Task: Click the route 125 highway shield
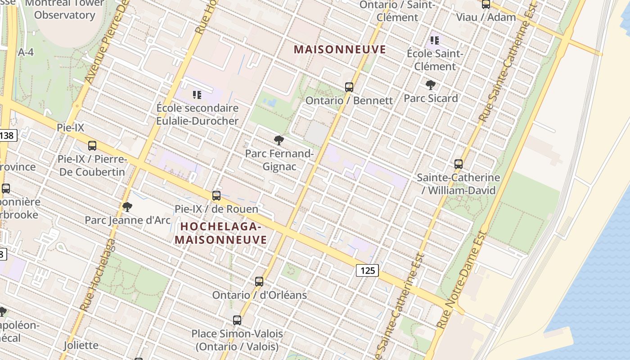point(367,270)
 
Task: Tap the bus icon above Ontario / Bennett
point(349,87)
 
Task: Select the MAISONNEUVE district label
point(340,49)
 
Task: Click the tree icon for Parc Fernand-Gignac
point(279,140)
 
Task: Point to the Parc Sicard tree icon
point(431,85)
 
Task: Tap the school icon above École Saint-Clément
point(435,40)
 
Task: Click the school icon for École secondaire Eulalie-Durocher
point(197,95)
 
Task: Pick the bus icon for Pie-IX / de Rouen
point(216,196)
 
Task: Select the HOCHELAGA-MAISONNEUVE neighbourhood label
point(221,233)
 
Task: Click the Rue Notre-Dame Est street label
point(462,279)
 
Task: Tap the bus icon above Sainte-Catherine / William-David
point(459,164)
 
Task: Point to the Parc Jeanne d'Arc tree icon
point(127,207)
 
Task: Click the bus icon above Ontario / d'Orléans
point(259,282)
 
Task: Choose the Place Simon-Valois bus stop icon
point(237,320)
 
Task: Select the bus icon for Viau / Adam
point(486,4)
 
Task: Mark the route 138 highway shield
point(8,135)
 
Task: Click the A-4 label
point(26,52)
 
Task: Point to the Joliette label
point(81,345)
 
